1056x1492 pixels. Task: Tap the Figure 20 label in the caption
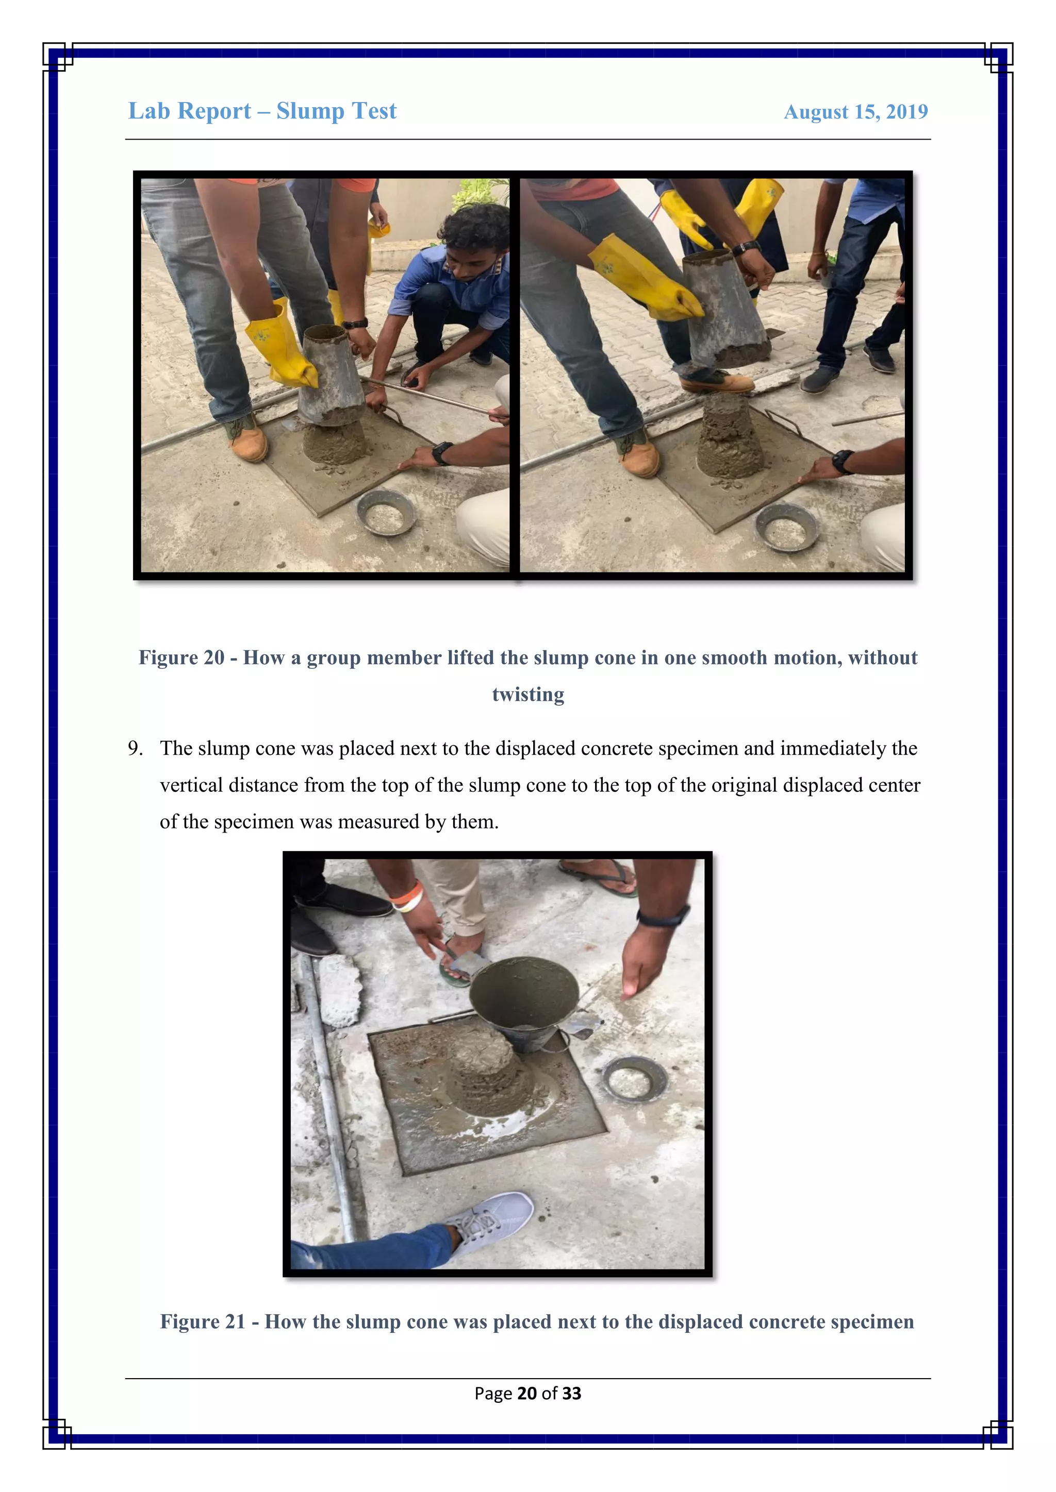click(x=181, y=657)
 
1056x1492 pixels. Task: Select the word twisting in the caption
click(x=527, y=694)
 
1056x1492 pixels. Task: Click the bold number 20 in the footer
click(x=526, y=1393)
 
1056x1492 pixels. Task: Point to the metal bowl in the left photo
click(x=386, y=512)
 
